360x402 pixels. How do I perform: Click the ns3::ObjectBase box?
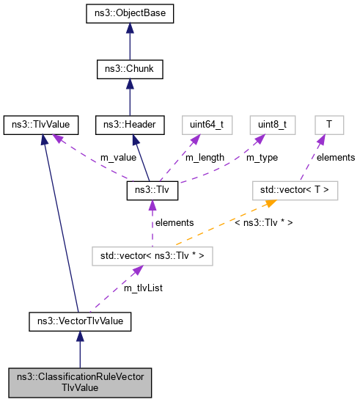(x=130, y=14)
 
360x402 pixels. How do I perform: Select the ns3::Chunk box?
(x=130, y=70)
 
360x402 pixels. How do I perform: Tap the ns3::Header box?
(x=130, y=125)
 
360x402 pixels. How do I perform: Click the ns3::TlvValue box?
(x=41, y=125)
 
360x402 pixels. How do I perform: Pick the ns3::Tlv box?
(x=152, y=191)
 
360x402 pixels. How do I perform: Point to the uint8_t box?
(x=272, y=125)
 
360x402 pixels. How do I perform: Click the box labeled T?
(x=329, y=125)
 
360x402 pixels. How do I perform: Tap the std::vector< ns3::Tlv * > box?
(x=152, y=256)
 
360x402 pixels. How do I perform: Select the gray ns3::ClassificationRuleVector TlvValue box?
(x=80, y=381)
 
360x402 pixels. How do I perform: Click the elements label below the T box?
(x=336, y=157)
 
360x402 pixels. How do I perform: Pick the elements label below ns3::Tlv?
(x=174, y=222)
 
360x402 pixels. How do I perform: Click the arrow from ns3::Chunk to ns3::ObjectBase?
(x=130, y=42)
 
